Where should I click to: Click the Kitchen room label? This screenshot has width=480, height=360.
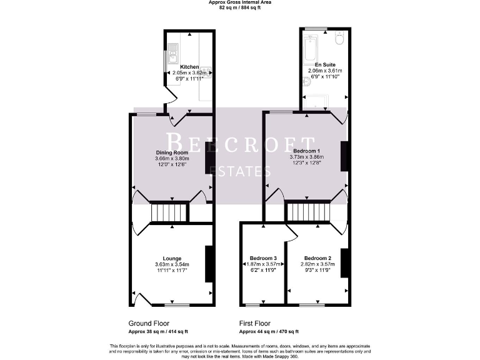click(189, 67)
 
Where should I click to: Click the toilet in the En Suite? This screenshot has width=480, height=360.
click(339, 39)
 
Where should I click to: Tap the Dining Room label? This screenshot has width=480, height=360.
click(172, 152)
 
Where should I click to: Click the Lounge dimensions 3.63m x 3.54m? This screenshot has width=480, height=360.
click(172, 265)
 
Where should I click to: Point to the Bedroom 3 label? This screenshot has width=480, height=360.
click(262, 258)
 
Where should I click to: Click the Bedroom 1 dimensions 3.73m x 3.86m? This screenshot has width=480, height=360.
click(306, 157)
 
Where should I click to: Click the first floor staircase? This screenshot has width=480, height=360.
click(307, 212)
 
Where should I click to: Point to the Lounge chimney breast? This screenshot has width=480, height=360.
click(209, 264)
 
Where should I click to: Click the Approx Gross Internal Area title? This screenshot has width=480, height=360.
click(239, 2)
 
